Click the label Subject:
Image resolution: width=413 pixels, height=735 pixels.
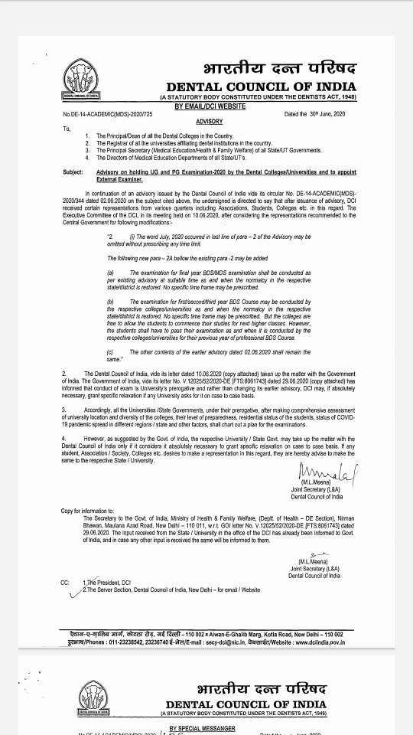click(x=73, y=172)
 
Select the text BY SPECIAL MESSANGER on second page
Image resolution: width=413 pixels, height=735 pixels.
click(x=202, y=728)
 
